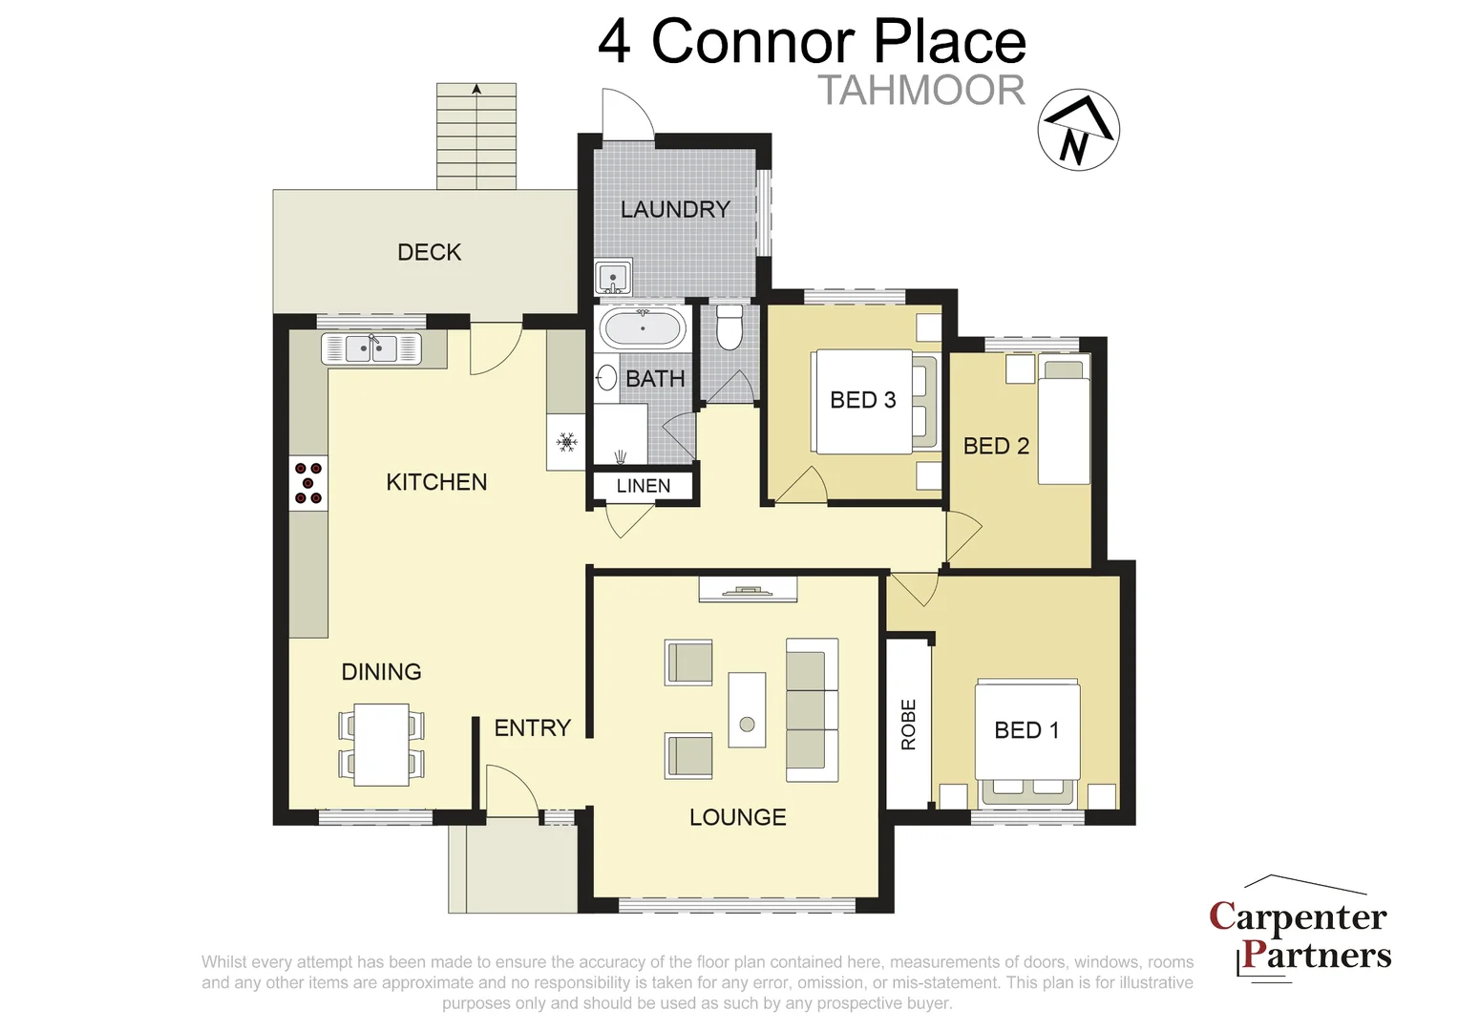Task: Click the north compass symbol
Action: [x=1078, y=131]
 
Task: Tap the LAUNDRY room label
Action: [x=675, y=209]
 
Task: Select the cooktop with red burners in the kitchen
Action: [x=308, y=483]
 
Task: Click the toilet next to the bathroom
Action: [x=729, y=327]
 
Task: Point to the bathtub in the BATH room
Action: [x=643, y=328]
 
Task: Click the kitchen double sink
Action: [x=372, y=348]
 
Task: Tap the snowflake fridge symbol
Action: [x=566, y=442]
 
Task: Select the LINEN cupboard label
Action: [x=643, y=486]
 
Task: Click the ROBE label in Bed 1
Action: [x=908, y=724]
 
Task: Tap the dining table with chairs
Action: [x=381, y=745]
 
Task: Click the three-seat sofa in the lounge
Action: [x=812, y=709]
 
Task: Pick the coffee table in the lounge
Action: [x=747, y=709]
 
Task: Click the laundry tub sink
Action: [x=611, y=278]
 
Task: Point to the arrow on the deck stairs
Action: [x=476, y=90]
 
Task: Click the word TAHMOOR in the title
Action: [x=920, y=91]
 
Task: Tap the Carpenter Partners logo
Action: [x=1300, y=934]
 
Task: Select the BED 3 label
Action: [x=862, y=400]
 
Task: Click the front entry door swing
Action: [x=511, y=790]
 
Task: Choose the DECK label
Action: [x=429, y=252]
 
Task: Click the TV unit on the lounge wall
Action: [x=748, y=590]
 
